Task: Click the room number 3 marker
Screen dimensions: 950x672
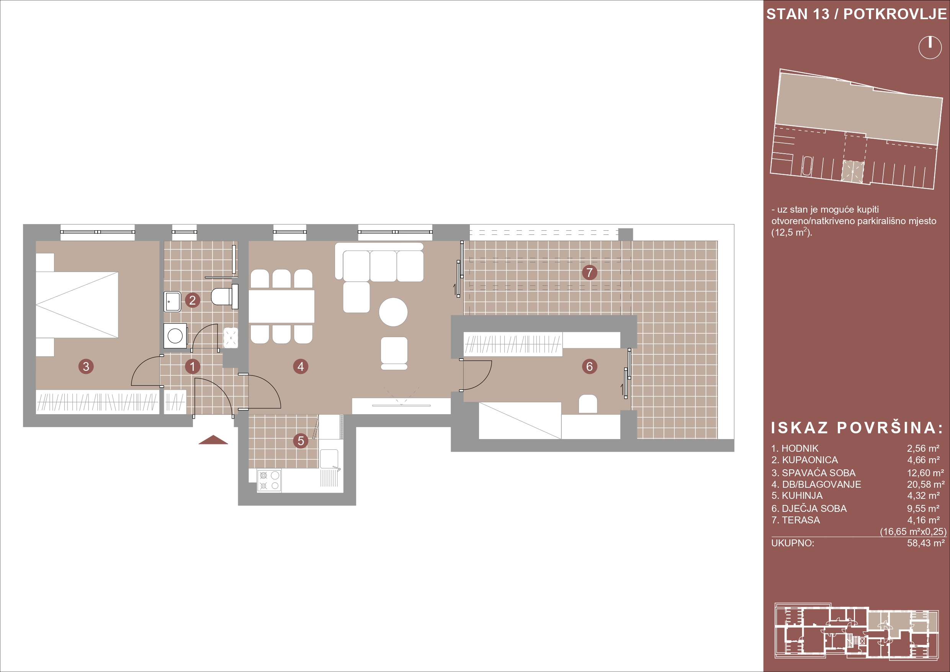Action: [86, 366]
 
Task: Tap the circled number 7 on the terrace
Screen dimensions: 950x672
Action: [590, 272]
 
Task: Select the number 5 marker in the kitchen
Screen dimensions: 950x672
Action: [301, 441]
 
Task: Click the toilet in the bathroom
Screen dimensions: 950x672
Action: [225, 297]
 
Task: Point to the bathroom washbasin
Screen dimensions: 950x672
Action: [173, 302]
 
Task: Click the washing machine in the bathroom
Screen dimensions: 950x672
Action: [175, 336]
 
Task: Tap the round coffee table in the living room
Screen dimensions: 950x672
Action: [393, 312]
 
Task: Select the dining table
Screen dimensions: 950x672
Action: [281, 306]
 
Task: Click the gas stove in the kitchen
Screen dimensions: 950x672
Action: [269, 480]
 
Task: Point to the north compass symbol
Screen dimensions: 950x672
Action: [930, 47]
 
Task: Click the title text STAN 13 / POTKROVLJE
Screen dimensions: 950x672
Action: [857, 14]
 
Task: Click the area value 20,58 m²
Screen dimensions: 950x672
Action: [926, 484]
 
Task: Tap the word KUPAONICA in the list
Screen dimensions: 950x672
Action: [810, 460]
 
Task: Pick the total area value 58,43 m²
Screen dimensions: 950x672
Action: [926, 543]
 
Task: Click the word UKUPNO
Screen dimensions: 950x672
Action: [793, 543]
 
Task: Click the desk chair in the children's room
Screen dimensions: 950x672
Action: [588, 404]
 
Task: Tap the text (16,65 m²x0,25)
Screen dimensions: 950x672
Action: [913, 532]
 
